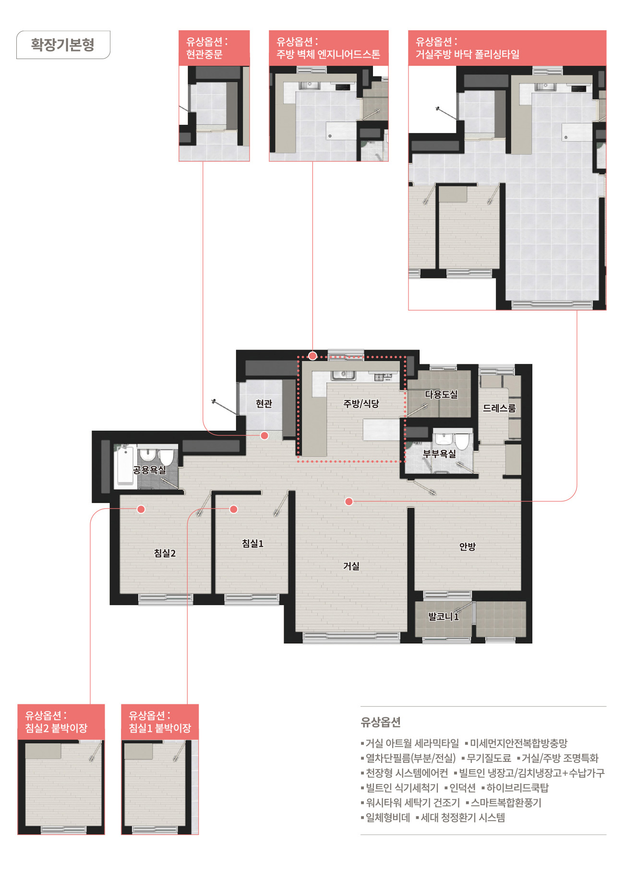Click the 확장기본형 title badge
click(x=63, y=45)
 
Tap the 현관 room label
click(x=264, y=404)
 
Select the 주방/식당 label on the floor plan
click(x=361, y=404)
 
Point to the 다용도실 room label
click(x=441, y=394)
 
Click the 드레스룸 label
click(x=499, y=408)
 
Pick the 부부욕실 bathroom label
click(x=439, y=453)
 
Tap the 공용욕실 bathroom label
click(x=149, y=470)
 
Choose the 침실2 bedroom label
click(x=165, y=553)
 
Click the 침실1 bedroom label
click(x=252, y=544)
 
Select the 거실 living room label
click(x=351, y=566)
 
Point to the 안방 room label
click(x=468, y=546)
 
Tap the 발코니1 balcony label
click(x=444, y=616)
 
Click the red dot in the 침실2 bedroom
click(x=141, y=509)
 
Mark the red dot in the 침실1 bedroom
click(x=234, y=509)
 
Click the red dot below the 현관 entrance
click(x=264, y=435)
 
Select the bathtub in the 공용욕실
click(x=125, y=466)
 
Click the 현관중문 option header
click(x=214, y=48)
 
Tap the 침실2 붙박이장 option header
click(x=61, y=722)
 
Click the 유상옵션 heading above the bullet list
click(x=381, y=722)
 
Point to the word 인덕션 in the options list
click(x=462, y=788)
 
